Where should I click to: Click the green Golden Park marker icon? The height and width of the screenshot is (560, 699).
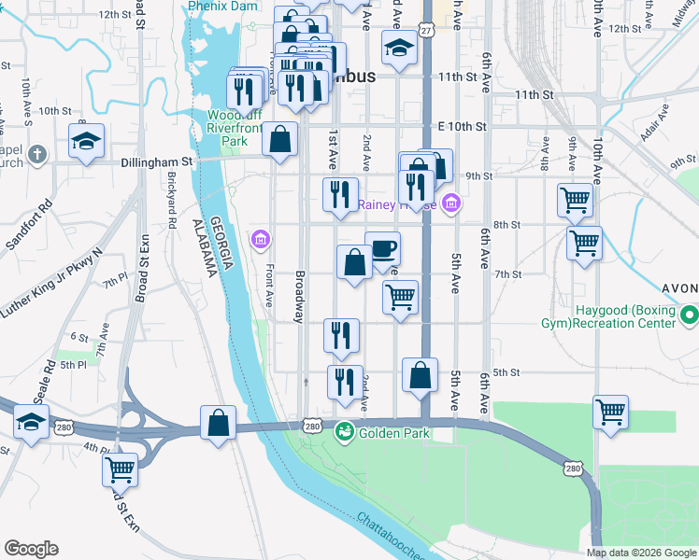click(344, 432)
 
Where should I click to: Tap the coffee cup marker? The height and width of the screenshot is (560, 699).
click(383, 249)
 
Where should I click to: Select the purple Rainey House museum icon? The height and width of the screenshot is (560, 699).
click(451, 203)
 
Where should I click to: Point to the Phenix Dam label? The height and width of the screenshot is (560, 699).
click(222, 6)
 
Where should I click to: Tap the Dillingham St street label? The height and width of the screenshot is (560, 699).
click(156, 161)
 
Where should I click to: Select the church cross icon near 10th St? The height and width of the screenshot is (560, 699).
click(36, 153)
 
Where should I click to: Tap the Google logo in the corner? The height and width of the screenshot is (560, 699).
click(31, 548)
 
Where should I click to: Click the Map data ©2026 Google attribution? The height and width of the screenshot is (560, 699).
click(641, 553)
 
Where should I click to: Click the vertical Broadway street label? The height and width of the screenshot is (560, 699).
click(300, 298)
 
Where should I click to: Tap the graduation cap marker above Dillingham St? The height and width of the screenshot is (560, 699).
click(86, 142)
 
